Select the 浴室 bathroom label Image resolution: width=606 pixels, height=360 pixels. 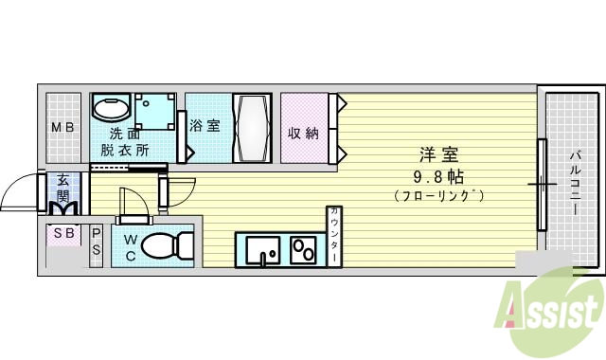click(205, 125)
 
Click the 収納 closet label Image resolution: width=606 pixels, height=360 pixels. click(303, 133)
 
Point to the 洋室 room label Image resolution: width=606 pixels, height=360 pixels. click(437, 154)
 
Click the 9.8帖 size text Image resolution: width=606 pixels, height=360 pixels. click(437, 176)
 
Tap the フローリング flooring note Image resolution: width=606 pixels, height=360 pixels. click(437, 196)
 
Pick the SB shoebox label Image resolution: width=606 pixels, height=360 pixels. click(64, 233)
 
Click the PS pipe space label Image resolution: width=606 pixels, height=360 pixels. click(97, 243)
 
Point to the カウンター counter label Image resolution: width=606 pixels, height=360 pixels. click(334, 235)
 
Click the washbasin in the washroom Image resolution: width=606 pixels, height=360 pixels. click(112, 107)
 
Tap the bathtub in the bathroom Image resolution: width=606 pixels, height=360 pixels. click(252, 127)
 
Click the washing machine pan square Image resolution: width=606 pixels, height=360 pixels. click(154, 112)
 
